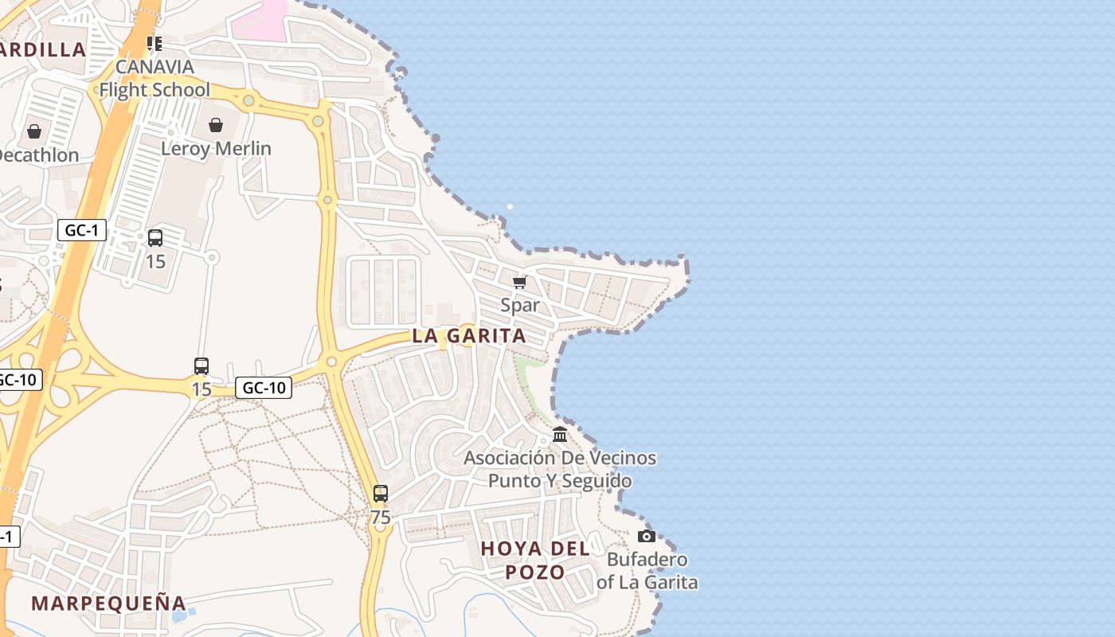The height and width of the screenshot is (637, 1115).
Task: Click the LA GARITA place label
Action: (x=469, y=336)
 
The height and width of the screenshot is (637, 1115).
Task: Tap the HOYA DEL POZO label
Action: (x=535, y=560)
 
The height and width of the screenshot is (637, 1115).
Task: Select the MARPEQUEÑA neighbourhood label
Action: (x=108, y=603)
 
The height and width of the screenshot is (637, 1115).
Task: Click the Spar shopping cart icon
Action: (x=520, y=282)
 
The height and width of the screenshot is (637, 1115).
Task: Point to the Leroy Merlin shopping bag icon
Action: (x=216, y=125)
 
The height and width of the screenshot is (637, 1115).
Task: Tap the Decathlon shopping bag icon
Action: (x=34, y=131)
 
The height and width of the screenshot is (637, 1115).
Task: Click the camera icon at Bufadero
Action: (x=647, y=536)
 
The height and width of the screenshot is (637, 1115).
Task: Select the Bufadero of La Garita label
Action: (x=647, y=571)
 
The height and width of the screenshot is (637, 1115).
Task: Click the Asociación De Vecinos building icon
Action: (x=560, y=435)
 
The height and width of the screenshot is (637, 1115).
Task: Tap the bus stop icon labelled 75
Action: (x=381, y=494)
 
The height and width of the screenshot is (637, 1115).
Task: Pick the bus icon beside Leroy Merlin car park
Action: (x=155, y=237)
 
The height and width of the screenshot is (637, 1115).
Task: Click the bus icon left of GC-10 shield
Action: (x=201, y=366)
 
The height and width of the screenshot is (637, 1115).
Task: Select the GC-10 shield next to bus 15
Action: (x=264, y=388)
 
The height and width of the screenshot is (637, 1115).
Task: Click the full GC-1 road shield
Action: (x=82, y=231)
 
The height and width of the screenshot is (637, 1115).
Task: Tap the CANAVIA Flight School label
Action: (x=155, y=78)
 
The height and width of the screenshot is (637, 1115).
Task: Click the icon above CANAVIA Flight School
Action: (x=155, y=43)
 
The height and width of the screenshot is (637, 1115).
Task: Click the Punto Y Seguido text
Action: (x=560, y=481)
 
